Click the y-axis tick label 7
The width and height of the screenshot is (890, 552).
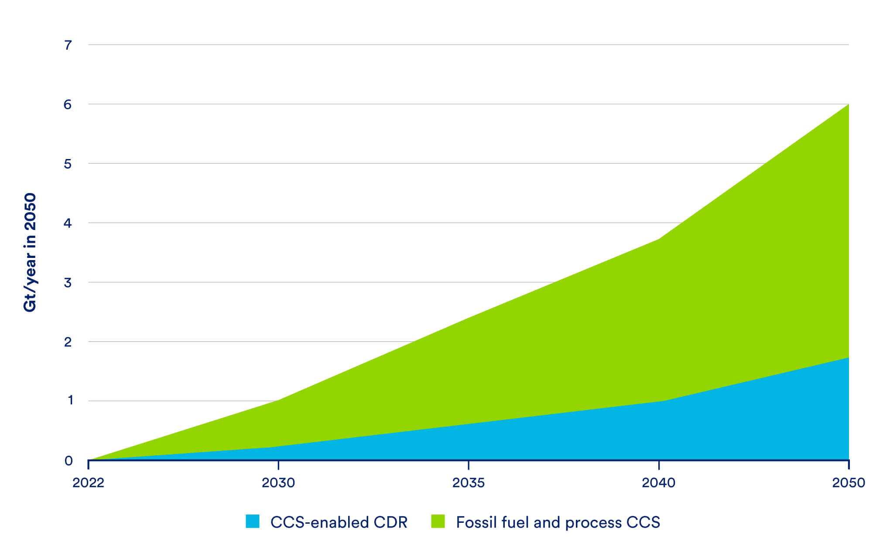[68, 45]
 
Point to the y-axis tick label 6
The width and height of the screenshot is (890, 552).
[68, 105]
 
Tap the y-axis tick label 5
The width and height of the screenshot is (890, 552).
[68, 164]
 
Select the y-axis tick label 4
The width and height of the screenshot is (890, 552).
[68, 224]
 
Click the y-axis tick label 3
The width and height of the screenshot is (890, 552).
[68, 283]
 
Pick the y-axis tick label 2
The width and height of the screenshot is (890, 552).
[68, 342]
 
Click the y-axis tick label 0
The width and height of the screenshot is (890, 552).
[68, 461]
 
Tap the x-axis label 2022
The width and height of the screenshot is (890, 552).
[88, 483]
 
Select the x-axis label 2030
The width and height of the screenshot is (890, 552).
[278, 483]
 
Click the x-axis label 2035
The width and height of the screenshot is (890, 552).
[469, 483]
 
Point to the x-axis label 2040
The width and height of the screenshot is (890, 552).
[658, 483]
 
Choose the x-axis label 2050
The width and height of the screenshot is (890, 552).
[848, 483]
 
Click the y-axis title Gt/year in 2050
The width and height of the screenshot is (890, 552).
[30, 252]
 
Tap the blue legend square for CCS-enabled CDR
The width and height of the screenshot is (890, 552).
[253, 522]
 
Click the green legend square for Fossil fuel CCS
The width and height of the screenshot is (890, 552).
[438, 522]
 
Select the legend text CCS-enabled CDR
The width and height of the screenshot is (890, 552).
[339, 522]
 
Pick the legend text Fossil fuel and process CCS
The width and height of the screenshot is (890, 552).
[558, 522]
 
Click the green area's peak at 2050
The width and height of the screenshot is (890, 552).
[848, 105]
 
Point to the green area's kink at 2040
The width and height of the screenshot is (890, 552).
[658, 240]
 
